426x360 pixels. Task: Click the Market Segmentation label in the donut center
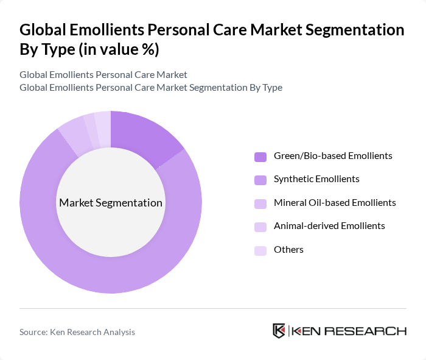(x=111, y=203)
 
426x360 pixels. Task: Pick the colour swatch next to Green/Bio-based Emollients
(x=260, y=157)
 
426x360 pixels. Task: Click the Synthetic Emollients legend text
(x=316, y=179)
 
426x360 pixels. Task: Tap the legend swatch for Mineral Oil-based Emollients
(x=260, y=203)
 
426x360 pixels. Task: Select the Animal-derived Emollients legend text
(x=329, y=226)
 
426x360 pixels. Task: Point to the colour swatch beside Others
(x=260, y=250)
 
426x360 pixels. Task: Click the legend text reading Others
(x=288, y=250)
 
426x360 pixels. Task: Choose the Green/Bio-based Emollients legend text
(x=333, y=156)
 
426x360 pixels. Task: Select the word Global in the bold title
(x=43, y=30)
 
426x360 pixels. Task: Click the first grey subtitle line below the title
(x=103, y=75)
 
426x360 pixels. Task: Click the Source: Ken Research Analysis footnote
(x=77, y=332)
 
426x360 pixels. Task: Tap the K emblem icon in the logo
(x=279, y=331)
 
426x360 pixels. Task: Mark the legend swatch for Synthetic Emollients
(x=260, y=180)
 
